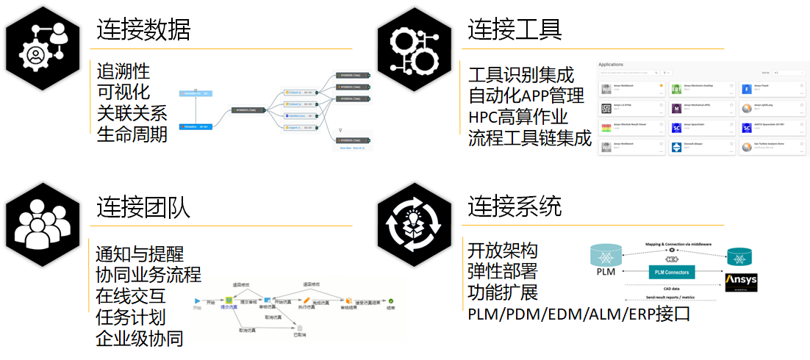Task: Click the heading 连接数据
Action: click(143, 29)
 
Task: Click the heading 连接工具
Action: click(515, 29)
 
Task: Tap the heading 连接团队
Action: click(143, 207)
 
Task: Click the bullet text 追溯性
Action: click(123, 71)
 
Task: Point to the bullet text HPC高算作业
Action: click(517, 117)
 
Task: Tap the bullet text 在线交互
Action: click(131, 296)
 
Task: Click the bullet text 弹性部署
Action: click(503, 270)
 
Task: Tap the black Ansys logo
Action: click(741, 281)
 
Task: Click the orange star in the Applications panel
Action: click(661, 86)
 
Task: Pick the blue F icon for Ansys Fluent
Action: click(746, 90)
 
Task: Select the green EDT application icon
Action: click(676, 90)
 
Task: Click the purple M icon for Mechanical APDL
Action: click(676, 109)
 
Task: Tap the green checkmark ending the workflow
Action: click(392, 300)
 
